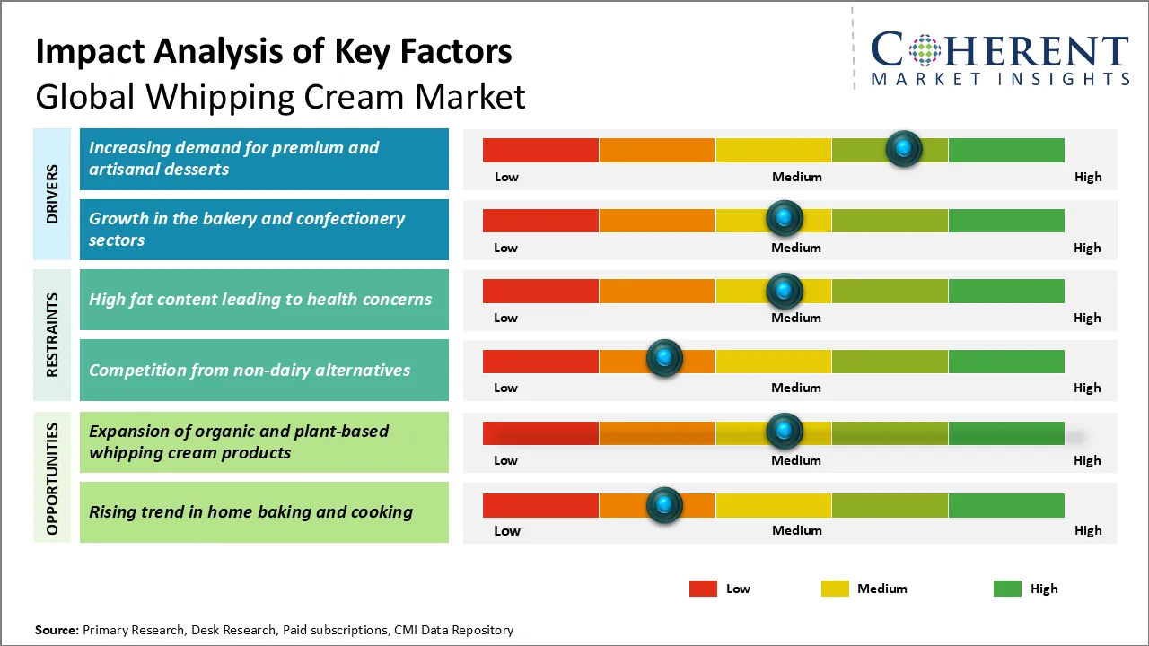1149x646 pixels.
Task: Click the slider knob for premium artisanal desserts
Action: [x=904, y=148]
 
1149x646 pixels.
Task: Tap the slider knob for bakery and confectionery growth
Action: [x=785, y=218]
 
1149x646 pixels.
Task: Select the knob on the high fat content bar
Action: [x=785, y=290]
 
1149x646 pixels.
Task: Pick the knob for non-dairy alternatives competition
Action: [x=664, y=359]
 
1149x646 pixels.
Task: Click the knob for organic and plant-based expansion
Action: [x=785, y=432]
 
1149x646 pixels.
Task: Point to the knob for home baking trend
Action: [x=664, y=505]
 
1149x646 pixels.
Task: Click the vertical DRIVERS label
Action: [x=52, y=195]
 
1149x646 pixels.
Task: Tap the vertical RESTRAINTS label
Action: [x=52, y=335]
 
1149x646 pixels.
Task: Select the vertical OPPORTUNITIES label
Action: [x=52, y=478]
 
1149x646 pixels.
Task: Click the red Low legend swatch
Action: [x=703, y=589]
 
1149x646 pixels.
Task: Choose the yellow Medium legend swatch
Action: [x=835, y=589]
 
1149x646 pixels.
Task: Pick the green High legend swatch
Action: [x=1007, y=589]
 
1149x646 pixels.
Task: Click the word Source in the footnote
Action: [x=57, y=630]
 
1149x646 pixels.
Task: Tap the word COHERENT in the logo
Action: [x=1000, y=50]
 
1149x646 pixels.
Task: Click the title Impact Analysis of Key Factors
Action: [x=274, y=51]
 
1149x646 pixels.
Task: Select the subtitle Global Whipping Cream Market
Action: [x=280, y=96]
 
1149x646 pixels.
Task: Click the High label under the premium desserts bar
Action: [x=1088, y=177]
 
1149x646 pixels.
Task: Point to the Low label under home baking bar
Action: [x=507, y=530]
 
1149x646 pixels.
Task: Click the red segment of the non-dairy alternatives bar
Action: [x=540, y=361]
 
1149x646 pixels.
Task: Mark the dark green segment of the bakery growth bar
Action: [x=1005, y=220]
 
